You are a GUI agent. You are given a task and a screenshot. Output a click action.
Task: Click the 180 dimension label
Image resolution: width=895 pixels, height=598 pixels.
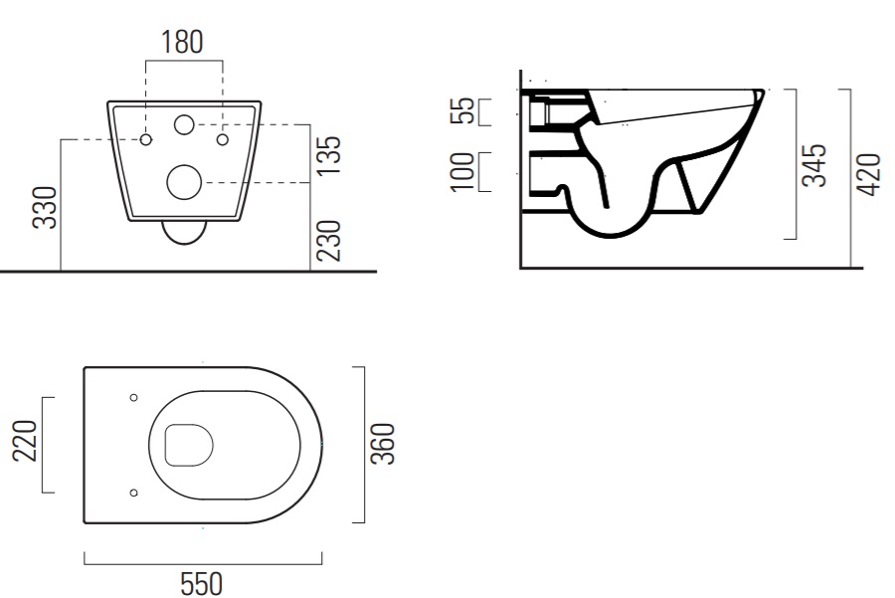(x=182, y=42)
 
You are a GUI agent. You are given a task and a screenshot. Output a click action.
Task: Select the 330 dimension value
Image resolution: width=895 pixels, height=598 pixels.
(x=45, y=207)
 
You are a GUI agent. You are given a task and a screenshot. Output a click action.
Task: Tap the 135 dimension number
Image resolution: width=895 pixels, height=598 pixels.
(x=328, y=156)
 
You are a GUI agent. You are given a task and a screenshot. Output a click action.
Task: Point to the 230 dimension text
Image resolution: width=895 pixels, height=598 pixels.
(x=328, y=241)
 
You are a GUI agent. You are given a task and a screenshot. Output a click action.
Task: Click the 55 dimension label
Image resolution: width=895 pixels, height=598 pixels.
(x=462, y=110)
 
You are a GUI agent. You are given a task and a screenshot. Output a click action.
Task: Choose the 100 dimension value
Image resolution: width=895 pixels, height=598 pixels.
(x=462, y=171)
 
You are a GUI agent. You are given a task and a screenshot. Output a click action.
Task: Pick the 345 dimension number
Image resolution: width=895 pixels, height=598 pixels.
(x=813, y=165)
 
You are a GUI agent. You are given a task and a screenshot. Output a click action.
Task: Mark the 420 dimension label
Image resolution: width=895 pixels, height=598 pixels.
(x=869, y=175)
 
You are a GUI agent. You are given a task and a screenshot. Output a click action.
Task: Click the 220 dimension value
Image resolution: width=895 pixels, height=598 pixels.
(x=25, y=441)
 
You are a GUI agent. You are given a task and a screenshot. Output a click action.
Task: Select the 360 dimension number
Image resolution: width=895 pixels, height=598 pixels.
(x=383, y=444)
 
